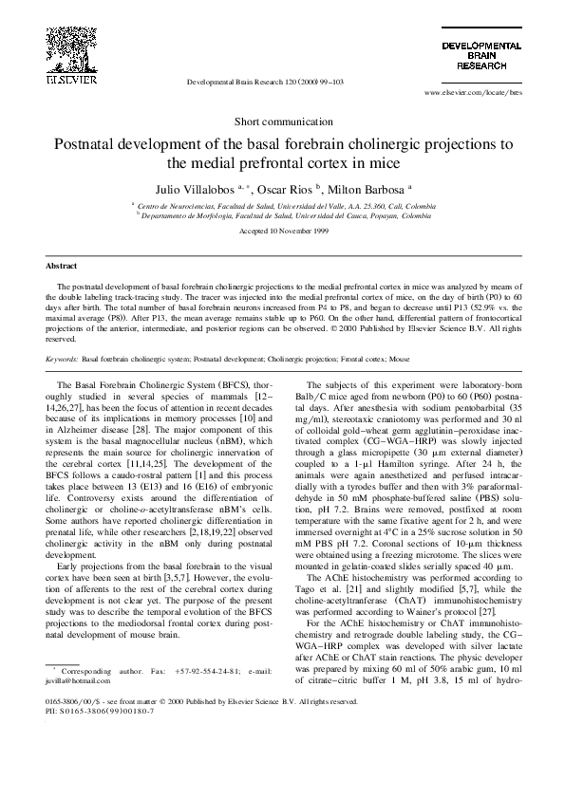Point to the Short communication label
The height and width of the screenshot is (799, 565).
(x=282, y=122)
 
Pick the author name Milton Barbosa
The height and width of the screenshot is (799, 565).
(x=383, y=189)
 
